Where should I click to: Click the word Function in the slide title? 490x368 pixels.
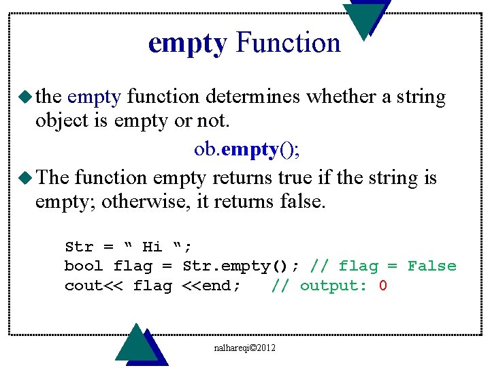pos(288,43)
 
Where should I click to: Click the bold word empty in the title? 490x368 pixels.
pos(187,43)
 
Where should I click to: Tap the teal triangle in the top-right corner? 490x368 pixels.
pos(365,18)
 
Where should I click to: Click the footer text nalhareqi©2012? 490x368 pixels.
pos(244,348)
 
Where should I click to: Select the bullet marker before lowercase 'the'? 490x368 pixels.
pos(27,96)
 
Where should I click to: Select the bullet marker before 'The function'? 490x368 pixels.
pos(27,177)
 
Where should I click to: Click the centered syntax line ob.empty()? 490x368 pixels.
pos(246,149)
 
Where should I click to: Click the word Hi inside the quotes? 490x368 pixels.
pos(152,247)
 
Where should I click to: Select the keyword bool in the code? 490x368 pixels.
pos(84,266)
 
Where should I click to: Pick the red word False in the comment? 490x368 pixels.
pos(431,266)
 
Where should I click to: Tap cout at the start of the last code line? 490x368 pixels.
pos(84,286)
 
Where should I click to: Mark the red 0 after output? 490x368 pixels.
pos(383,286)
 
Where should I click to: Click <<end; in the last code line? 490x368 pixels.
pos(212,286)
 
